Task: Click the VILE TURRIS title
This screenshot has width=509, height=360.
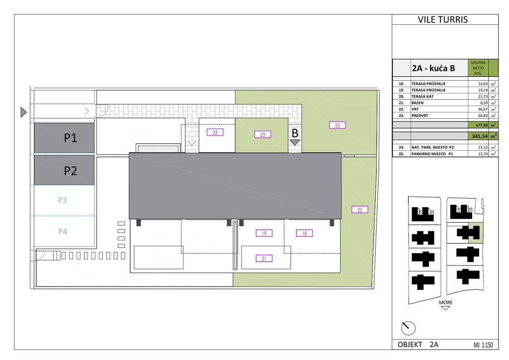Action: pos(443,19)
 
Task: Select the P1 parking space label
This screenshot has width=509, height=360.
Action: pos(71,138)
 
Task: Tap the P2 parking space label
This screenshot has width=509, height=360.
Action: pos(71,171)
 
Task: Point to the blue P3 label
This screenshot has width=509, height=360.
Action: pos(62,200)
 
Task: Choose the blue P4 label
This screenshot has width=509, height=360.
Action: pos(63,231)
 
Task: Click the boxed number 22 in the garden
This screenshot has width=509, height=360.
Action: pos(360,210)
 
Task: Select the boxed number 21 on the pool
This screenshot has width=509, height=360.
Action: pos(264,259)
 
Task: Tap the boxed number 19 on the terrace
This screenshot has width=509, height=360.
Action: pos(264,233)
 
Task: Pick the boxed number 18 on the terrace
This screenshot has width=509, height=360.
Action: pos(304,233)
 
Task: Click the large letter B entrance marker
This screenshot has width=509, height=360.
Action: pos(295,133)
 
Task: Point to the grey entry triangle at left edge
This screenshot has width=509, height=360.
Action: pos(23,112)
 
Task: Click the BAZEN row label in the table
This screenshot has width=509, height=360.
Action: pos(418,103)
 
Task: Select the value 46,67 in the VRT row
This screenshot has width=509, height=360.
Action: pos(483,109)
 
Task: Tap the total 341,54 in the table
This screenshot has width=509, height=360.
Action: pos(480,136)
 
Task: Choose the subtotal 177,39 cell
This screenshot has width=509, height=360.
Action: pos(482,125)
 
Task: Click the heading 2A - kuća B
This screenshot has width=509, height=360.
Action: pos(433,68)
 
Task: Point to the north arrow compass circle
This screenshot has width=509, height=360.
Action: pos(409,328)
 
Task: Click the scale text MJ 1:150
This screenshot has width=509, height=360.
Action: pos(483,345)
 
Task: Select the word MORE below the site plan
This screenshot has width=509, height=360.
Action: pos(445,302)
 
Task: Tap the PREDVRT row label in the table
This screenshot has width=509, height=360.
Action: pos(420,115)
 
